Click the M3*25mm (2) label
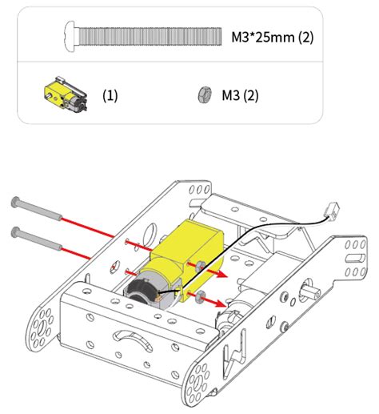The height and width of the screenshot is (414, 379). (271, 37)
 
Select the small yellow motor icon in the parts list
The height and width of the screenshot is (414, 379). (60, 94)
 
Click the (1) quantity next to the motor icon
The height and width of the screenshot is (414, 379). (110, 94)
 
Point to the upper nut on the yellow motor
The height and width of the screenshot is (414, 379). (197, 265)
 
